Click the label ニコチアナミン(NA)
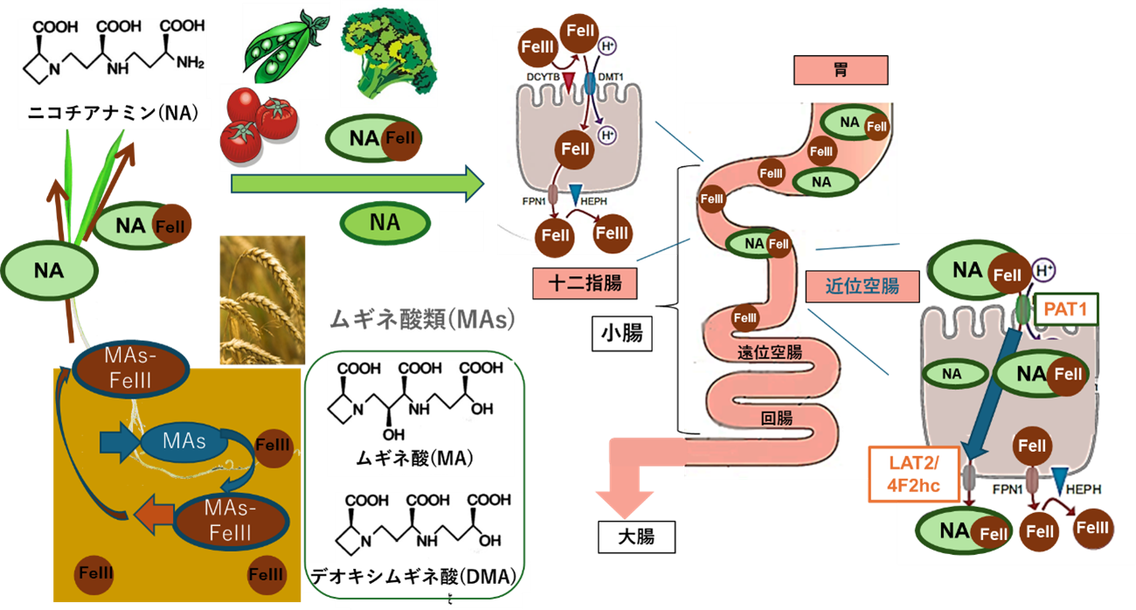click(114, 113)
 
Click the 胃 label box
click(840, 71)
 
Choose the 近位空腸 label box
click(862, 284)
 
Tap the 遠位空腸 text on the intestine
click(768, 353)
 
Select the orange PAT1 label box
click(1066, 308)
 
